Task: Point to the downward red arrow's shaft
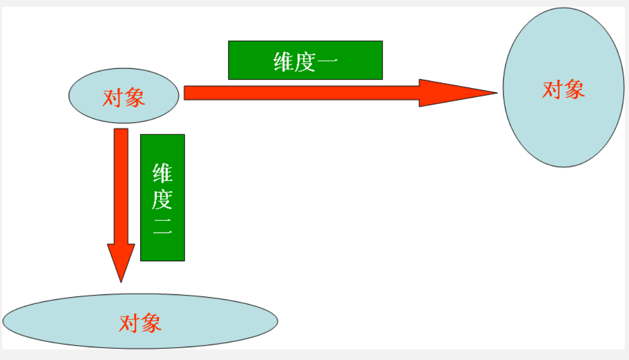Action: tap(121, 187)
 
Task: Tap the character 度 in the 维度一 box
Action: tap(306, 61)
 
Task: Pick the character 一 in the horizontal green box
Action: tap(327, 62)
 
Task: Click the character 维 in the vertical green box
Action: tap(162, 173)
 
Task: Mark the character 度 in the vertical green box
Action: tap(162, 201)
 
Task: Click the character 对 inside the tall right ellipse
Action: tap(553, 90)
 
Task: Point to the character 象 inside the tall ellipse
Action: tap(574, 90)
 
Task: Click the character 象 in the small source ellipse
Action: tap(135, 98)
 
